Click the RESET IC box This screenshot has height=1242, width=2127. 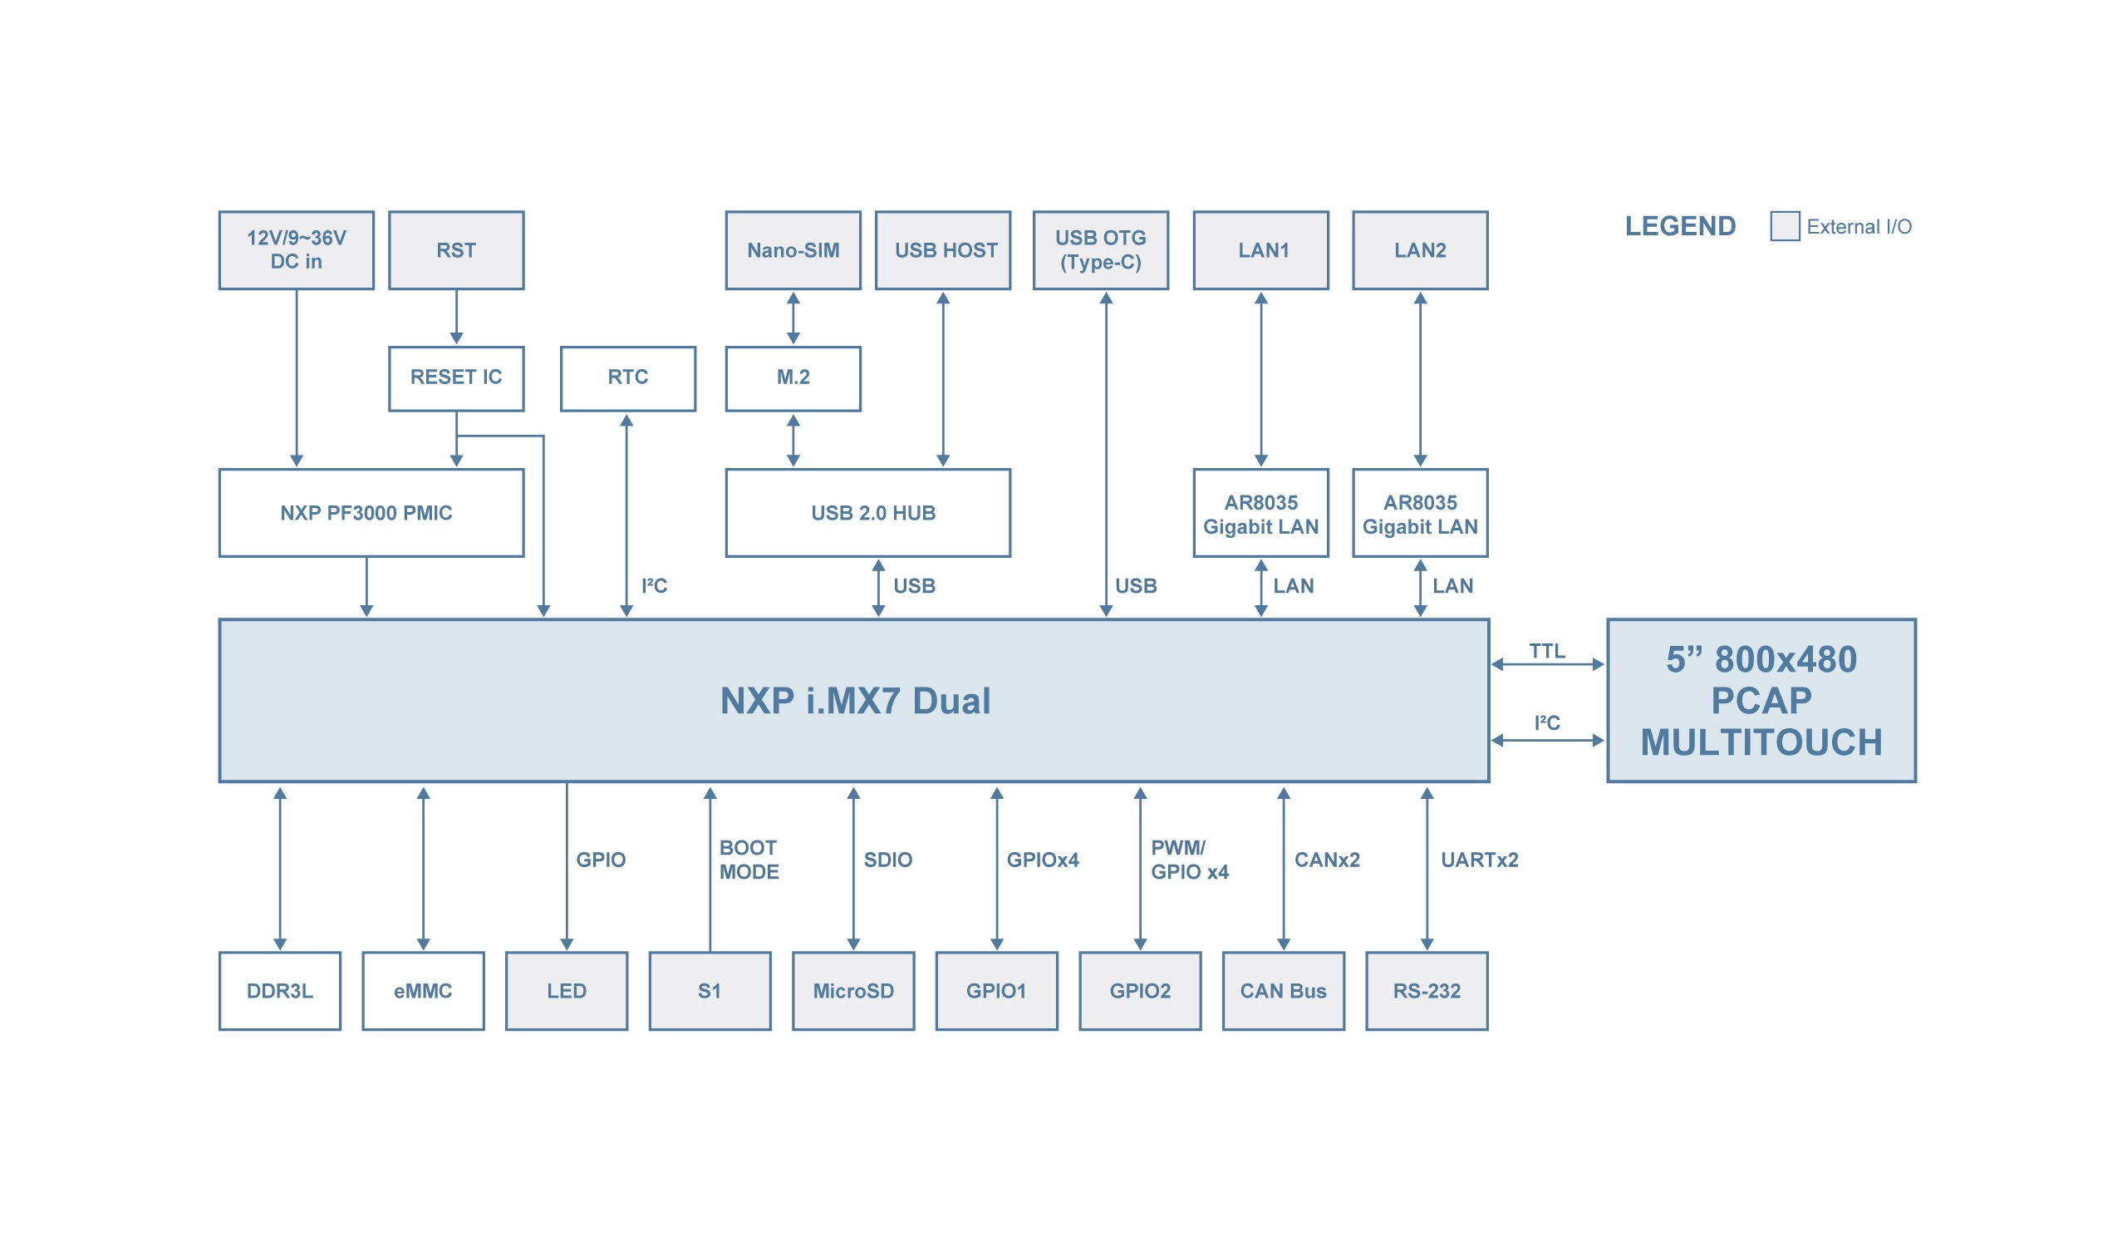[x=456, y=378]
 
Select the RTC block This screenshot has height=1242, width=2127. [x=628, y=378]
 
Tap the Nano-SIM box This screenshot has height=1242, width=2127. [x=793, y=251]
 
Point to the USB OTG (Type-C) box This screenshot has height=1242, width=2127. [x=1101, y=251]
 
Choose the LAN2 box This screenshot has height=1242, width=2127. [x=1420, y=251]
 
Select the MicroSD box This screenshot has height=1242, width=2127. [x=852, y=990]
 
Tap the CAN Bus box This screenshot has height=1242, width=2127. [x=1283, y=990]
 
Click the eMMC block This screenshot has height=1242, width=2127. [x=423, y=990]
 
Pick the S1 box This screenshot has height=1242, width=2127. [x=709, y=990]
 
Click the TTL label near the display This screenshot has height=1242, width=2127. [x=1546, y=651]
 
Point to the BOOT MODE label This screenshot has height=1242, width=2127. [x=749, y=860]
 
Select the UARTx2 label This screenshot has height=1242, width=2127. [x=1479, y=860]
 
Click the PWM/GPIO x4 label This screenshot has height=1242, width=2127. [x=1188, y=860]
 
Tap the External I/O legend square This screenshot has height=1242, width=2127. [x=1785, y=226]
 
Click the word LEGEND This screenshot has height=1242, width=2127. [x=1680, y=226]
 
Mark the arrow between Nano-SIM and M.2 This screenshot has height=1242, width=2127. [x=793, y=318]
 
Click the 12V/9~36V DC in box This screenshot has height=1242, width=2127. [x=297, y=251]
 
